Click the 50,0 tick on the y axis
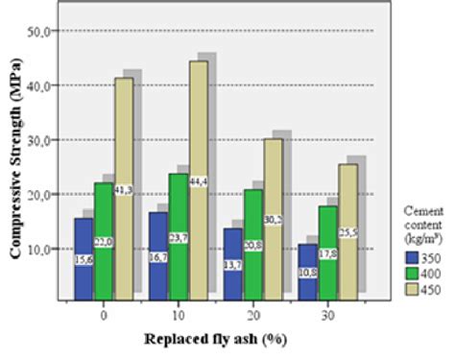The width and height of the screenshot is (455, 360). tap(40, 31)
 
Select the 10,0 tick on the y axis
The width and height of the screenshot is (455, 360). tap(40, 250)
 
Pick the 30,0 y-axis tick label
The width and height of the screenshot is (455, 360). tap(40, 140)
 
